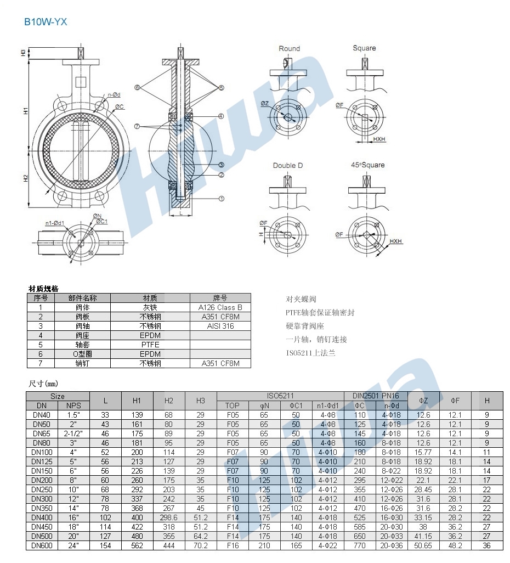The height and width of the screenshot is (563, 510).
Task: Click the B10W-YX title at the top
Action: coord(46,22)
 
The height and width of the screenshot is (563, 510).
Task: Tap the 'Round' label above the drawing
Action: coord(290,48)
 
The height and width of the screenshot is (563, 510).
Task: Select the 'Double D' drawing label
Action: coord(288,166)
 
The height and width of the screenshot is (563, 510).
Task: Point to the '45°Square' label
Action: coord(367,165)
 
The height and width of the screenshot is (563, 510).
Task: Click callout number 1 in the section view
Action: coord(222,199)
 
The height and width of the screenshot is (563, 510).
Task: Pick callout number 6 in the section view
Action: coord(137,87)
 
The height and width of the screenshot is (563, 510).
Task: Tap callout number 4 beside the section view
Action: coord(221,116)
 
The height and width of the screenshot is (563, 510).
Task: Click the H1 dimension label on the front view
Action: coord(26,111)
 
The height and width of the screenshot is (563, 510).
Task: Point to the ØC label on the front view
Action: coord(120,106)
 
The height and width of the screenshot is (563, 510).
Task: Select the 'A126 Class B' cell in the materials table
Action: coord(220,307)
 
